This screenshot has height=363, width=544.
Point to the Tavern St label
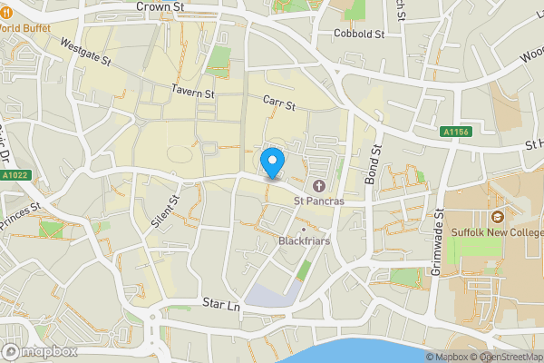[191, 93]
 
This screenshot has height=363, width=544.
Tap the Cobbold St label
[359, 34]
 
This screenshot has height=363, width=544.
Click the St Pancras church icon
[318, 186]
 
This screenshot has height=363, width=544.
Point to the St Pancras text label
[324, 201]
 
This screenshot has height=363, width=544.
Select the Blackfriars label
[303, 242]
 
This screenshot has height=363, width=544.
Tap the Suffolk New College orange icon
[497, 217]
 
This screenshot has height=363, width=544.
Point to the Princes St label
[21, 216]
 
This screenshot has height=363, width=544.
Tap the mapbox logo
[40, 351]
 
